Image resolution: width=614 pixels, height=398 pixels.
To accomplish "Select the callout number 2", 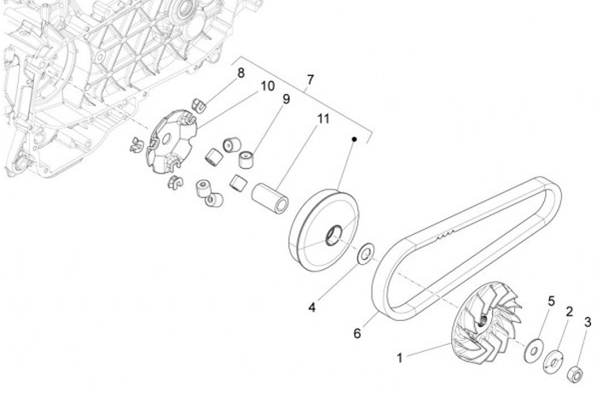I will (x=569, y=312).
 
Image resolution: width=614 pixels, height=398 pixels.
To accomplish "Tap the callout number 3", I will (x=587, y=322).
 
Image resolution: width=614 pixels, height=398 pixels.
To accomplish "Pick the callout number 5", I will (x=551, y=301).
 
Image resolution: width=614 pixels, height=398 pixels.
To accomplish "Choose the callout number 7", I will (x=310, y=79).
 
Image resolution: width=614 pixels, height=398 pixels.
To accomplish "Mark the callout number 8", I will (x=241, y=73).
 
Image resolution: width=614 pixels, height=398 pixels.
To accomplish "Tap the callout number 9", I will (x=287, y=99).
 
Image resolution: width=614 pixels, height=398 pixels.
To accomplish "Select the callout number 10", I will (x=267, y=86).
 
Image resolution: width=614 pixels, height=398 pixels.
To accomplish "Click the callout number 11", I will (x=323, y=119).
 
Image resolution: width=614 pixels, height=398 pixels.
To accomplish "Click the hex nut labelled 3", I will (x=576, y=372).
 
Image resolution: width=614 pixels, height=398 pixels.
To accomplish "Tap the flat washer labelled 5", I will (x=536, y=348).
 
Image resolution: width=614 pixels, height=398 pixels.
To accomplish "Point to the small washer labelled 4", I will (x=366, y=253).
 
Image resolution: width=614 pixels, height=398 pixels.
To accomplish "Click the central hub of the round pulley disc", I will (x=333, y=231).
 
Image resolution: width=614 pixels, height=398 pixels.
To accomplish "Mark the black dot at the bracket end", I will (x=354, y=138).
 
